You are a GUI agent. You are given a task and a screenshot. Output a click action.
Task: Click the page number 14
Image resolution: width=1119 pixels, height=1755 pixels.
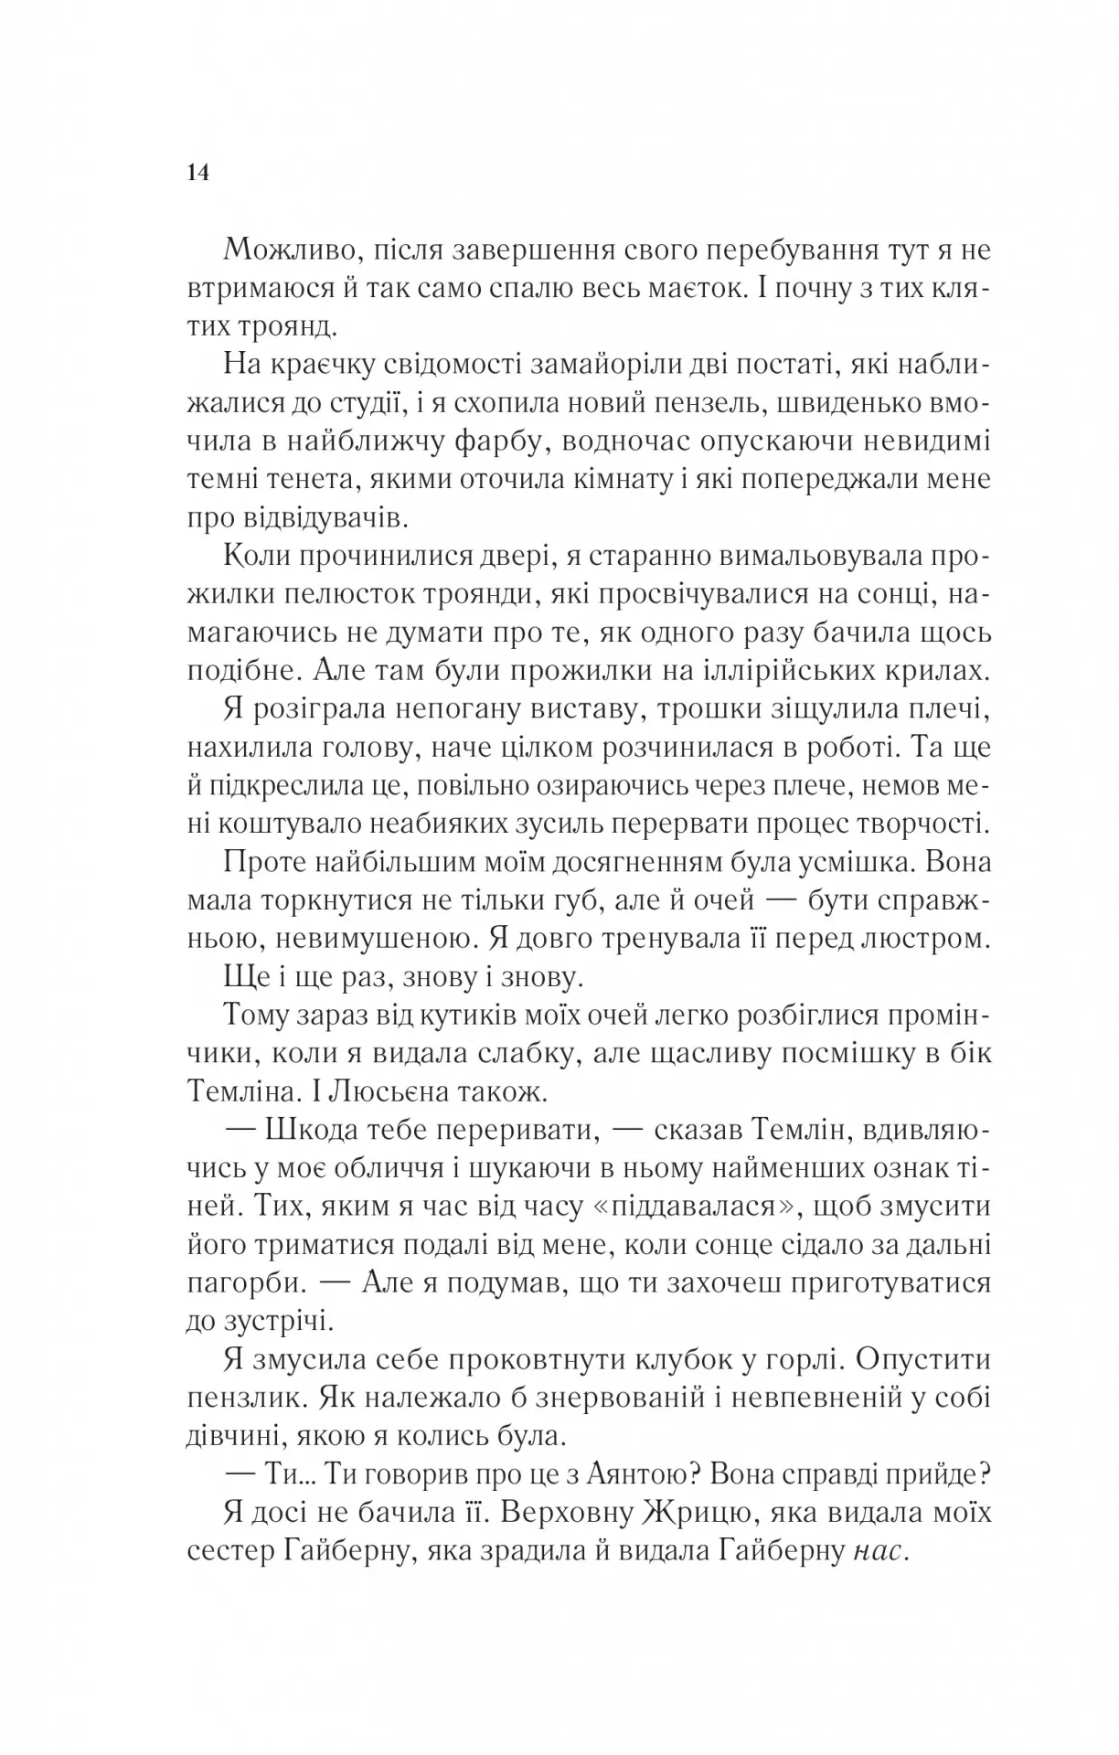(x=198, y=171)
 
